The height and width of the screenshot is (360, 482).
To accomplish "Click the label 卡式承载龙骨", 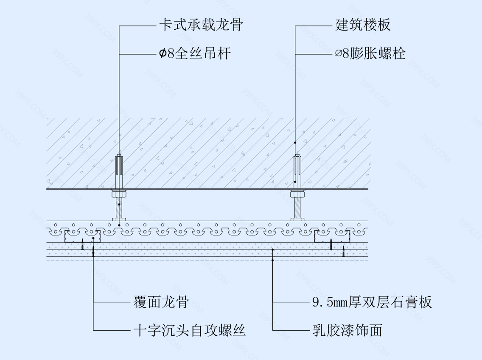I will [201, 25].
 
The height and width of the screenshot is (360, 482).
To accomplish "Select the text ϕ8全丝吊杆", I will [195, 53].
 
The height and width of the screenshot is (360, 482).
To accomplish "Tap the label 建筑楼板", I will [363, 25].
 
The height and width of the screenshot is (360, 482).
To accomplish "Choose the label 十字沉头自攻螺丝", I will [189, 330].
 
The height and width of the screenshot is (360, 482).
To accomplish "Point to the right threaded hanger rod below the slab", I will [297, 209].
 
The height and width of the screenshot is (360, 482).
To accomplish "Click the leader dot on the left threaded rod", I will [119, 205].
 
